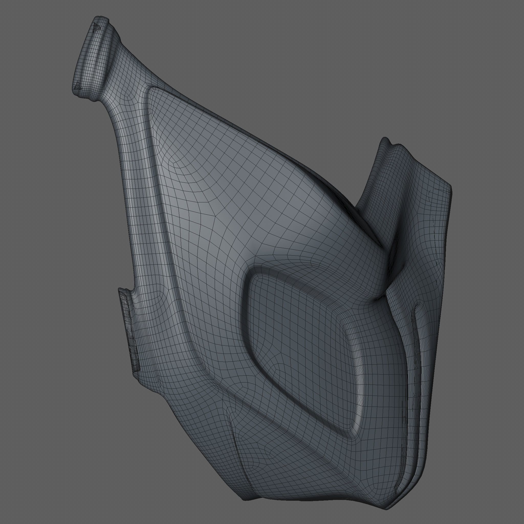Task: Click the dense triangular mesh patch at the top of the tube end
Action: click(x=96, y=27)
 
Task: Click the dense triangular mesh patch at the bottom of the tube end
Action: click(x=78, y=85)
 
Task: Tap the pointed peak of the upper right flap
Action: click(x=385, y=140)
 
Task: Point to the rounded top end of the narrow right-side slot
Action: click(x=419, y=305)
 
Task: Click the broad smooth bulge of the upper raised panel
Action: click(x=217, y=176)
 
